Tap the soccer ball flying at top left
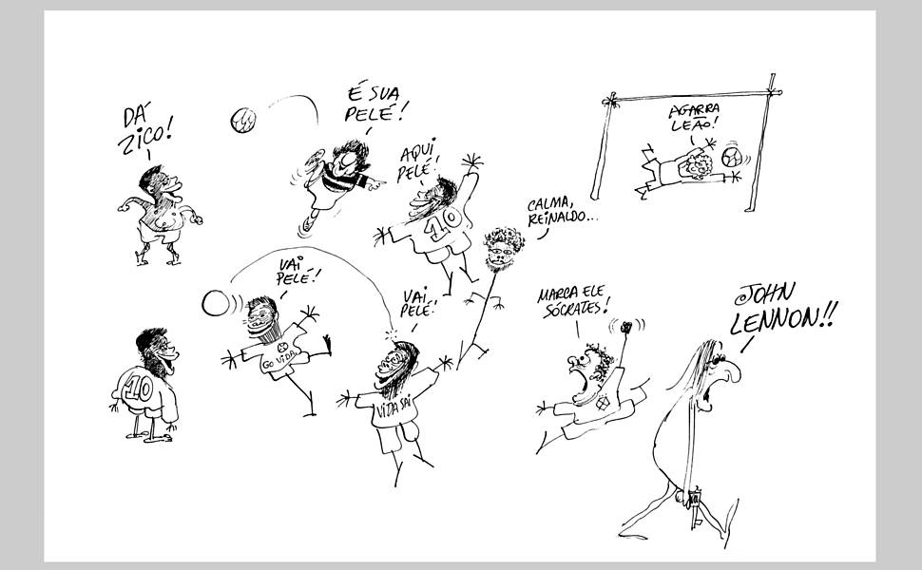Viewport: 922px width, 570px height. tap(243, 121)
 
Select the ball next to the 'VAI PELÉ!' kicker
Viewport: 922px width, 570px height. tap(216, 303)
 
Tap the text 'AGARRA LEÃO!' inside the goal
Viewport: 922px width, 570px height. tap(690, 119)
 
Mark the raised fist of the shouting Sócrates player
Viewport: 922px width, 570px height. tap(626, 331)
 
